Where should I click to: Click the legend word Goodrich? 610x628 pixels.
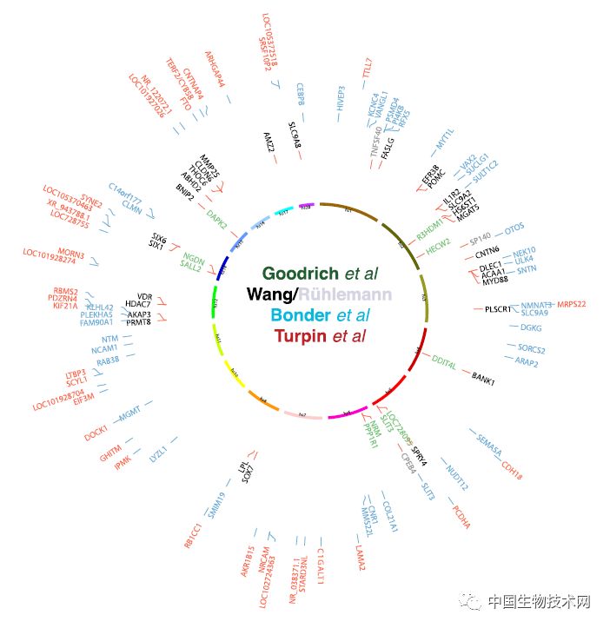tap(298, 274)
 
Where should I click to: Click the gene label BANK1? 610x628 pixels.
tap(482, 379)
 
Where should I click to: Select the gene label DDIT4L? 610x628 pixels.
tap(449, 365)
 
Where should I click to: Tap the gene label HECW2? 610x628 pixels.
tap(438, 244)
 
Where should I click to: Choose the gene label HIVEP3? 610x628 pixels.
tap(341, 100)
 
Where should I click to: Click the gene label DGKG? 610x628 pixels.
tap(529, 327)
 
